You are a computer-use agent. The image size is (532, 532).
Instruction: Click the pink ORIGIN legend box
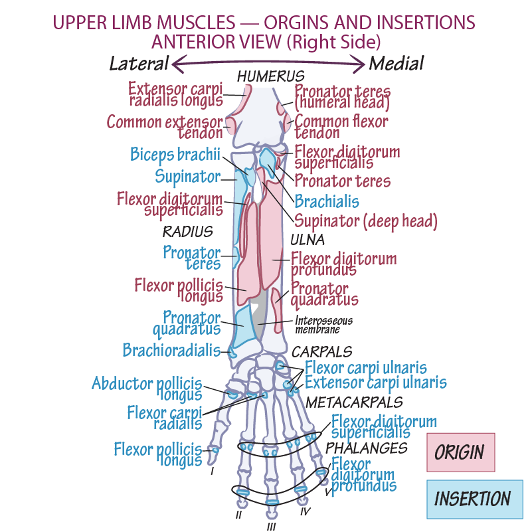point(460,452)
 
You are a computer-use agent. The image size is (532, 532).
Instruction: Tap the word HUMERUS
point(270,76)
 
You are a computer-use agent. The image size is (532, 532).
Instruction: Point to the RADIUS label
point(188,232)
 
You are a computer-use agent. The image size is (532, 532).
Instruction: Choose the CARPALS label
point(322,351)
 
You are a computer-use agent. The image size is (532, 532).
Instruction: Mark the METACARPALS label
point(354,402)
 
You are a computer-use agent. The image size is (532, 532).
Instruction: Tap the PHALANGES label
point(367,448)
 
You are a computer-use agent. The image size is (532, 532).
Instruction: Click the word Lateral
point(139,64)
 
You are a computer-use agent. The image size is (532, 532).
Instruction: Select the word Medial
point(396,64)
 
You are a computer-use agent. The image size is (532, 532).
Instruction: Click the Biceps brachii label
point(175,155)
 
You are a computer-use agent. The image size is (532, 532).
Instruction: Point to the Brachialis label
point(326,201)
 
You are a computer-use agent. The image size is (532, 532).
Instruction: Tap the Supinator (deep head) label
point(365,221)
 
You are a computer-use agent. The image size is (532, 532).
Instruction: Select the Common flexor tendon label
point(341,127)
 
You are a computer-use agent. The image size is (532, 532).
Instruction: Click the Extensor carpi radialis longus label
point(175,94)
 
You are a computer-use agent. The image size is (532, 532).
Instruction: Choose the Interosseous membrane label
point(323,325)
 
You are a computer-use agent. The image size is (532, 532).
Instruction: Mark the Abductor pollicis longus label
point(147,389)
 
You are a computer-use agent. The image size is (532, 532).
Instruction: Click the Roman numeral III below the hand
point(271,527)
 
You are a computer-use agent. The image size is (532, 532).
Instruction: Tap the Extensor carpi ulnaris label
point(375,383)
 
